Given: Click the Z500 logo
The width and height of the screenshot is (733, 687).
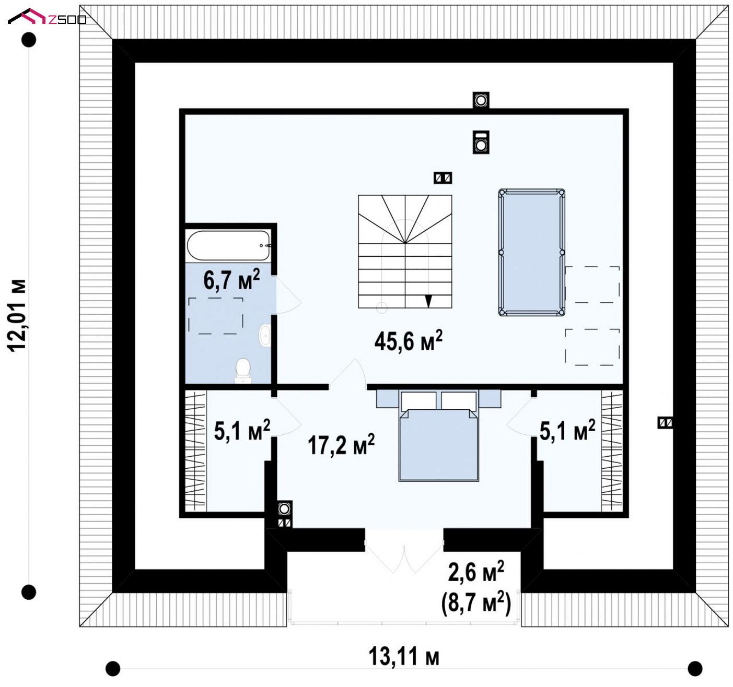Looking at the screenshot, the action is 47,17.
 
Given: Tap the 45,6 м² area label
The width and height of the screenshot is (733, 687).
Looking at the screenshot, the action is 408,340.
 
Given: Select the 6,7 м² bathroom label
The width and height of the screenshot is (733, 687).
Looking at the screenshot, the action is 231,280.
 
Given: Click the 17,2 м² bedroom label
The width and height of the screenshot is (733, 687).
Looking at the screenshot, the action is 341,445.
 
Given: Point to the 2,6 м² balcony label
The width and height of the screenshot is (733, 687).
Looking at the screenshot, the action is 476,572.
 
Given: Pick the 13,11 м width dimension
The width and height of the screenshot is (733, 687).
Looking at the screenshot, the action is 404,657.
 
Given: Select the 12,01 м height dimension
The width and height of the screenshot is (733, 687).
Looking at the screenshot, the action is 17,315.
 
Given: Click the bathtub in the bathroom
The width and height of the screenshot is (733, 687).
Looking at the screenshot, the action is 228,245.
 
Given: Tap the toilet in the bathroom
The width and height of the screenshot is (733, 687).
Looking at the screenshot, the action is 243,371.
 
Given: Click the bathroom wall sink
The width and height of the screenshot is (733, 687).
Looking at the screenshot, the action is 265,335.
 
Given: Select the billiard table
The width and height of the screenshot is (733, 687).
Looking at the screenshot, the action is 531,252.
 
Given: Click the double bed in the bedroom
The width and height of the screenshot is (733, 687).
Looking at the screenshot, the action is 438,436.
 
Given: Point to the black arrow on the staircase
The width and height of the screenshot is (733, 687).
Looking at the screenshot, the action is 428,301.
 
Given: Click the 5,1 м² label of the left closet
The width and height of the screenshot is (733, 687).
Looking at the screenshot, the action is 242,430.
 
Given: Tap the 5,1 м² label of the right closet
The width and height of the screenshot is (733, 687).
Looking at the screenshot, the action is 567,430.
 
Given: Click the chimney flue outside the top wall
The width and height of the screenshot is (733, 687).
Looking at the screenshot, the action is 481,100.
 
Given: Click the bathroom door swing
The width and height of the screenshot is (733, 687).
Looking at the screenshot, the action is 288,295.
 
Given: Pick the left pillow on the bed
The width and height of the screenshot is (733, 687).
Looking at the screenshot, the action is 418,401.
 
